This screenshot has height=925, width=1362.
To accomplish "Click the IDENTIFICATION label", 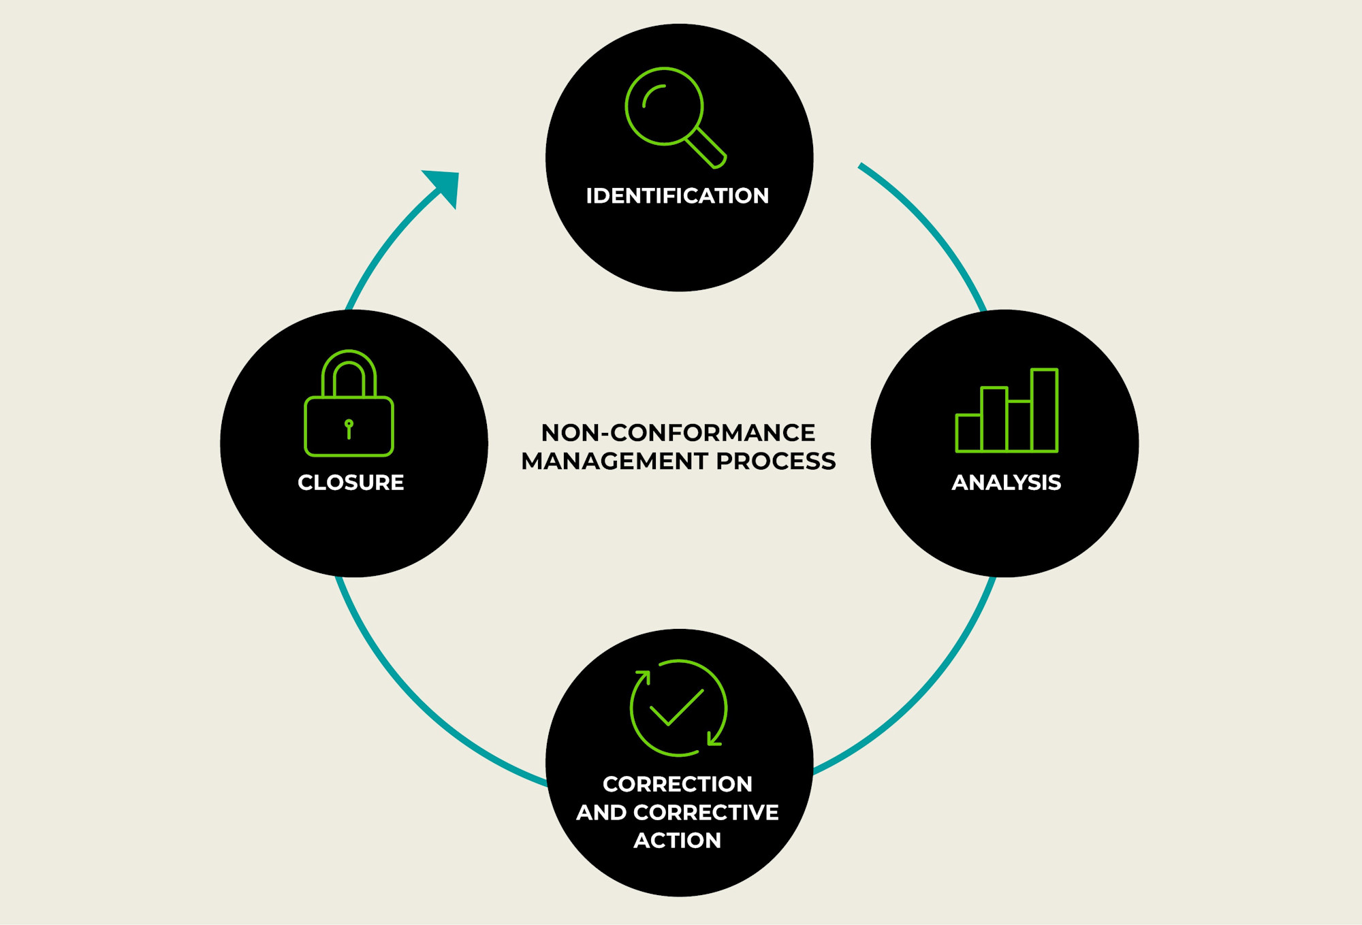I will (677, 196).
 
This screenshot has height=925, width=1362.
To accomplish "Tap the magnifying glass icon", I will (665, 108).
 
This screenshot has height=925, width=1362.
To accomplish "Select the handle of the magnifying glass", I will (706, 148).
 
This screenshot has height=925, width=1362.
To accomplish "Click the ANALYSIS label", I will (1006, 483).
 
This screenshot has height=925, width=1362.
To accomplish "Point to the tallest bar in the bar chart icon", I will (1044, 410).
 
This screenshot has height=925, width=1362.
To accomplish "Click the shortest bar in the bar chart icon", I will (968, 433).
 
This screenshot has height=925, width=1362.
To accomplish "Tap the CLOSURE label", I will (351, 483).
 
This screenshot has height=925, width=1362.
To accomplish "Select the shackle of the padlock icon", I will (349, 371).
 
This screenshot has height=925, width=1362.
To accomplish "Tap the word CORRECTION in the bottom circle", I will (677, 784).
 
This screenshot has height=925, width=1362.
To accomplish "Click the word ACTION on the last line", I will (677, 841).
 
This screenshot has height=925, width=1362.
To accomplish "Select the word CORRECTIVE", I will (706, 813).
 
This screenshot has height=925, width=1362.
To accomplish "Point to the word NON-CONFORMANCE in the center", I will (678, 433).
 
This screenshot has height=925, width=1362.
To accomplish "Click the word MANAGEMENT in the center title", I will (614, 461).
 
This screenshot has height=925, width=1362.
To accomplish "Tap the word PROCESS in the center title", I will (776, 461).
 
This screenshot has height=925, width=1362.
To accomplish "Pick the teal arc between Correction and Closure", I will (422, 701).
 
